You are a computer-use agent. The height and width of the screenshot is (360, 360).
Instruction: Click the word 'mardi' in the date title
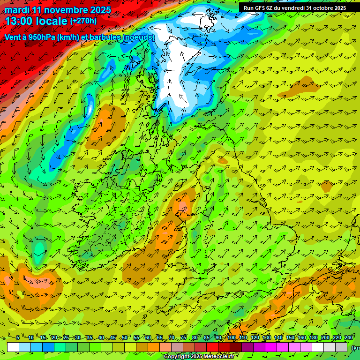tap(17, 10)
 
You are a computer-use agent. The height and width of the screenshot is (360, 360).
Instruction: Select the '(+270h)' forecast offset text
tap(83, 21)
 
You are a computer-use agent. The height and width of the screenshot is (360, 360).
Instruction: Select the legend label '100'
tap(232, 338)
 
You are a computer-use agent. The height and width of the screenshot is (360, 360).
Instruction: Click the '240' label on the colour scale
tap(348, 338)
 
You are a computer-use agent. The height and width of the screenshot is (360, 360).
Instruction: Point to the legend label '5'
tap(18, 338)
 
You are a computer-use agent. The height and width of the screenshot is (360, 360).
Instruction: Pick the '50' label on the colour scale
tap(124, 338)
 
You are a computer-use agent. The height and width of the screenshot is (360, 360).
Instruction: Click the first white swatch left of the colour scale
tap(13, 347)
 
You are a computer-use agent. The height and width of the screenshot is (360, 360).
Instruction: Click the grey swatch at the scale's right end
tap(341, 347)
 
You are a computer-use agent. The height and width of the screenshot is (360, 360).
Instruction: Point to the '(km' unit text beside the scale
tap(355, 348)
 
